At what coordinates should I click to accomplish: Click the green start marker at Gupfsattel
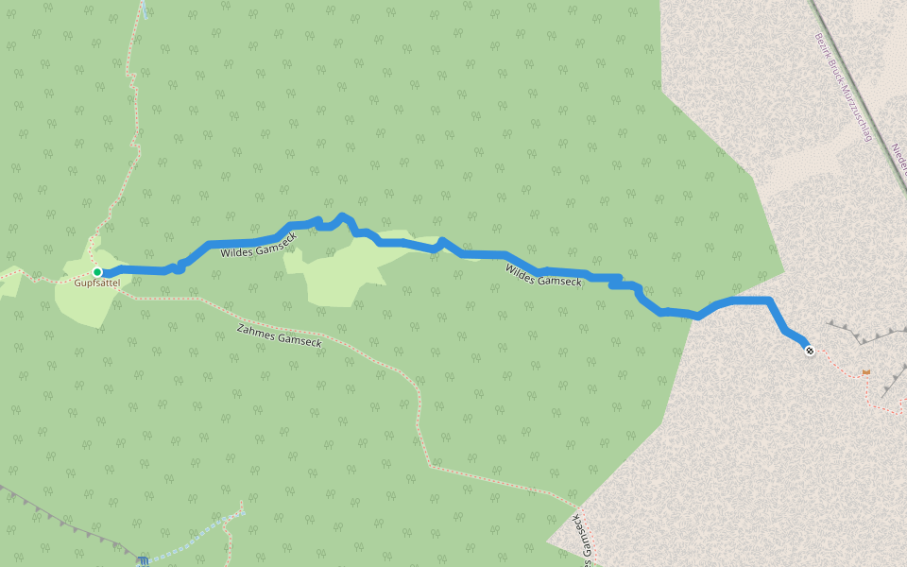click(x=97, y=272)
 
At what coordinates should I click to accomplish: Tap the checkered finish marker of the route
click(x=810, y=351)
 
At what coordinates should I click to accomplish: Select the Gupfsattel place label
click(x=97, y=283)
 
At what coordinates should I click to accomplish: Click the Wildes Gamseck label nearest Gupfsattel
click(x=258, y=246)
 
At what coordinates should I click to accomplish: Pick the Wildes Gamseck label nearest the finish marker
click(x=543, y=275)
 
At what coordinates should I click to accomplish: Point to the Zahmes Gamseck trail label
click(x=279, y=335)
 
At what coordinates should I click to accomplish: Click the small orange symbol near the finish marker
click(x=866, y=372)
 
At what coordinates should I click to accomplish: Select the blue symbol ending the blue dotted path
click(x=143, y=560)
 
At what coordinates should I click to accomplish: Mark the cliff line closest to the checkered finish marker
click(x=855, y=335)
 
